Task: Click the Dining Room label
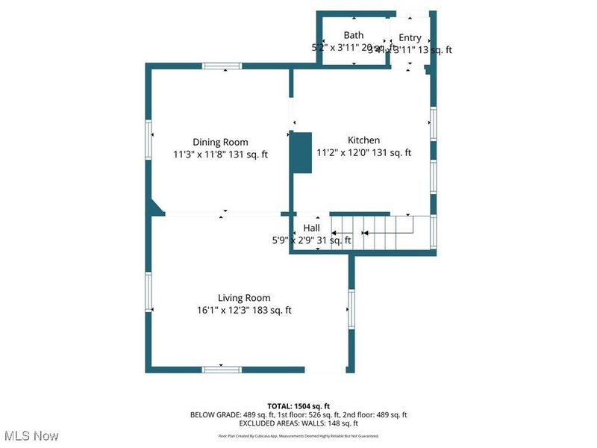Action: tap(220, 142)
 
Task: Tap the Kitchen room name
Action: tap(363, 140)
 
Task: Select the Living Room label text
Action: tap(244, 297)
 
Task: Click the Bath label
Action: tap(353, 35)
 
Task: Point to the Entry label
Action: tap(410, 37)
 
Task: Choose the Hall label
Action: tap(311, 228)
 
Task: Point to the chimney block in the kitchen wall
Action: tap(301, 153)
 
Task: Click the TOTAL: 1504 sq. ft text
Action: tap(298, 405)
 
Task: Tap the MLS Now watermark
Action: tap(31, 435)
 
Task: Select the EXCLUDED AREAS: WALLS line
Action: tap(298, 423)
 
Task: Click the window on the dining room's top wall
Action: tap(222, 66)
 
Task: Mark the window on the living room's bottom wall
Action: tap(222, 369)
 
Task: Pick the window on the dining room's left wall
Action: tap(149, 139)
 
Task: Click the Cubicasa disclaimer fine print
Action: tap(298, 435)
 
